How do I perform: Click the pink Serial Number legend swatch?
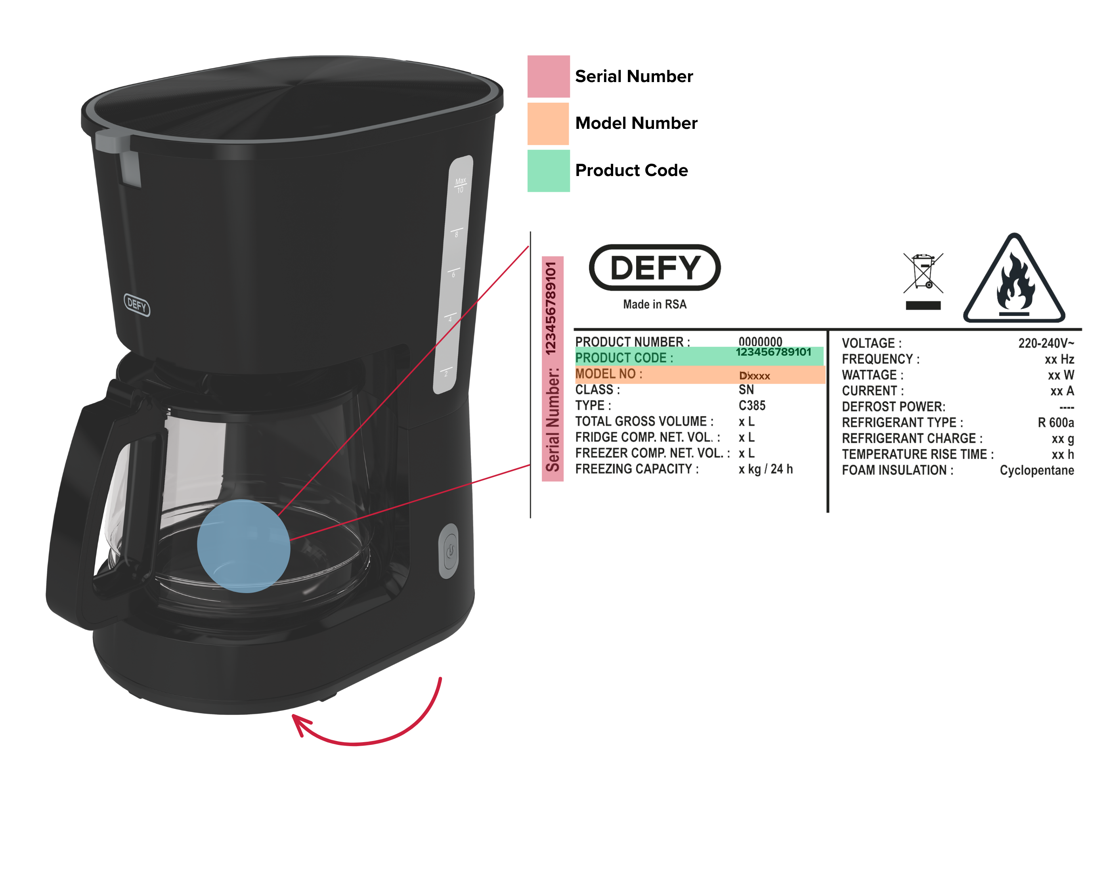(x=548, y=76)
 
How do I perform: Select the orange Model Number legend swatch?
(x=548, y=123)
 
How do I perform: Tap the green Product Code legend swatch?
(x=548, y=170)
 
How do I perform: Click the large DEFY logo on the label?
(x=655, y=267)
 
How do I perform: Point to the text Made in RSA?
(x=655, y=304)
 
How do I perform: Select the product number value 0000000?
(x=760, y=341)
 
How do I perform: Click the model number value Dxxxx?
(x=755, y=376)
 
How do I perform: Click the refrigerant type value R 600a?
(x=1055, y=422)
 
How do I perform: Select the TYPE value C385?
(x=752, y=406)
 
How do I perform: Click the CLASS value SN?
(x=746, y=390)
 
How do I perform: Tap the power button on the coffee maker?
(x=449, y=551)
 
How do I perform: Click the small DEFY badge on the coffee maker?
(x=137, y=305)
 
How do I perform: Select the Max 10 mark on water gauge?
(x=461, y=185)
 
